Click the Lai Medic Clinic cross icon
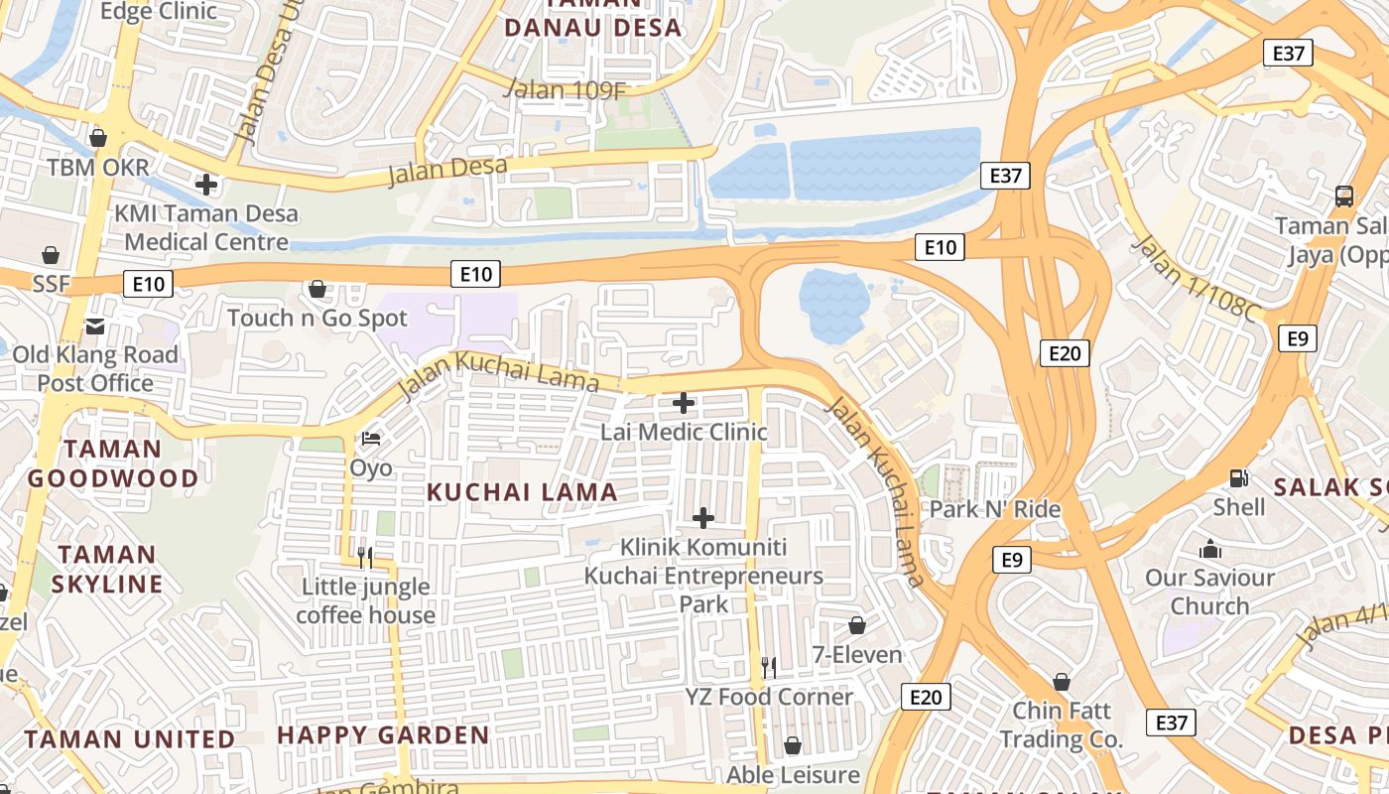[x=684, y=403]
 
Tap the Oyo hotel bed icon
[x=371, y=438]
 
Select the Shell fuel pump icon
[x=1238, y=477]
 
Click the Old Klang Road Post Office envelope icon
[x=95, y=326]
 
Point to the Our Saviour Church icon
[x=1210, y=549]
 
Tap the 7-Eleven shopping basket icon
[x=857, y=625]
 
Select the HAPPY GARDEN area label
[x=383, y=735]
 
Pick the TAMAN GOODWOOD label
[x=113, y=463]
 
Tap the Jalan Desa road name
[x=447, y=171]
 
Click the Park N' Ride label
[x=995, y=510]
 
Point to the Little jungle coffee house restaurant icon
[x=365, y=557]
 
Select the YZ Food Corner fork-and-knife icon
[x=769, y=667]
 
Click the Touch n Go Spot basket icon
[x=317, y=289]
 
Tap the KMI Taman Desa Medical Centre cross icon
[x=206, y=185]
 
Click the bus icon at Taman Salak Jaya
[x=1344, y=196]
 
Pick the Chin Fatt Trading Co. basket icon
[x=1062, y=682]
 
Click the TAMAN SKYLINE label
[x=107, y=569]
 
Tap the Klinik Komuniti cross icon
[x=703, y=518]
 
